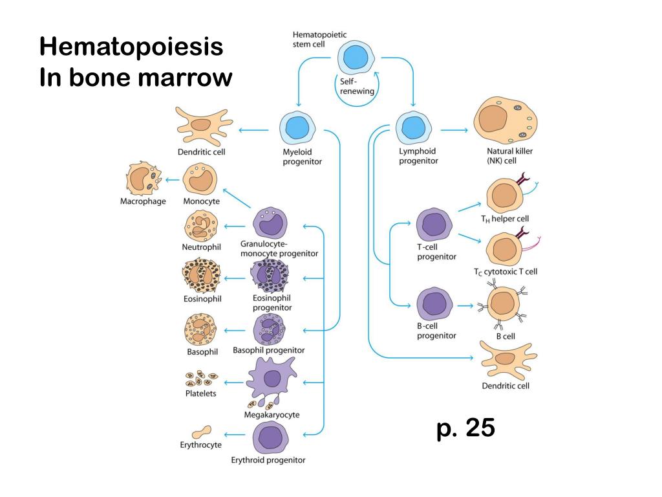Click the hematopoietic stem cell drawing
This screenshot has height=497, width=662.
click(355, 58)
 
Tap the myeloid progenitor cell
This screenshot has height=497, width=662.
click(297, 128)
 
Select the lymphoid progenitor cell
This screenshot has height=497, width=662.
click(412, 127)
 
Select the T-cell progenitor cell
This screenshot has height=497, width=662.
click(434, 225)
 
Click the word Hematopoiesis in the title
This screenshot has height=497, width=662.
click(131, 47)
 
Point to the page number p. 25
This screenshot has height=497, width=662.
click(465, 428)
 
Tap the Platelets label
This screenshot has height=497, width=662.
click(200, 393)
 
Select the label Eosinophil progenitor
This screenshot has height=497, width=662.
click(272, 303)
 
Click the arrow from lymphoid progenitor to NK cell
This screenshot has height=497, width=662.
click(454, 130)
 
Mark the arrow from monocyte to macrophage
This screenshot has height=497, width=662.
click(173, 179)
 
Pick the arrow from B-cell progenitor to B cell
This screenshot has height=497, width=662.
click(464, 305)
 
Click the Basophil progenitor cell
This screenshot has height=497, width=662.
click(269, 329)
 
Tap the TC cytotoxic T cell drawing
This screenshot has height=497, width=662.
click(504, 249)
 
